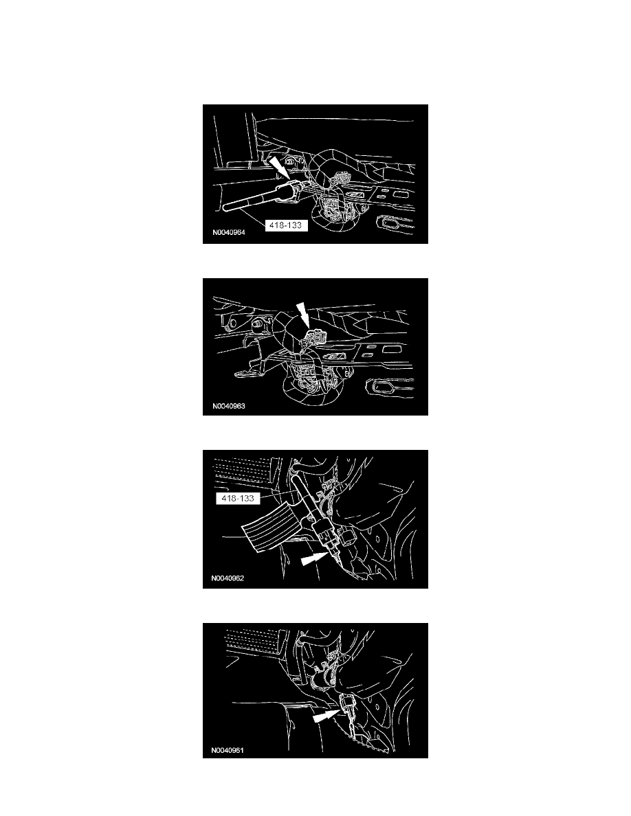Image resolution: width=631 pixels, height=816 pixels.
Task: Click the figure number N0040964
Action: pos(229,232)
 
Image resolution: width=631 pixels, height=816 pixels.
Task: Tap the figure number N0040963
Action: pos(229,406)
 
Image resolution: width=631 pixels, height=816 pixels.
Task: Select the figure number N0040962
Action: pos(228,578)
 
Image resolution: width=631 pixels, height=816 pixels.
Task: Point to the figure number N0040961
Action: pos(228,751)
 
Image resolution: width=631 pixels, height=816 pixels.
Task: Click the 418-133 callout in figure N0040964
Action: pos(286,225)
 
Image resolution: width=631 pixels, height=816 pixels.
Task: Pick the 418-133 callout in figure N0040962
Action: pos(237,498)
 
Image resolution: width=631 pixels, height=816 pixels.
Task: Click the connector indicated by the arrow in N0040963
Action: pos(316,335)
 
